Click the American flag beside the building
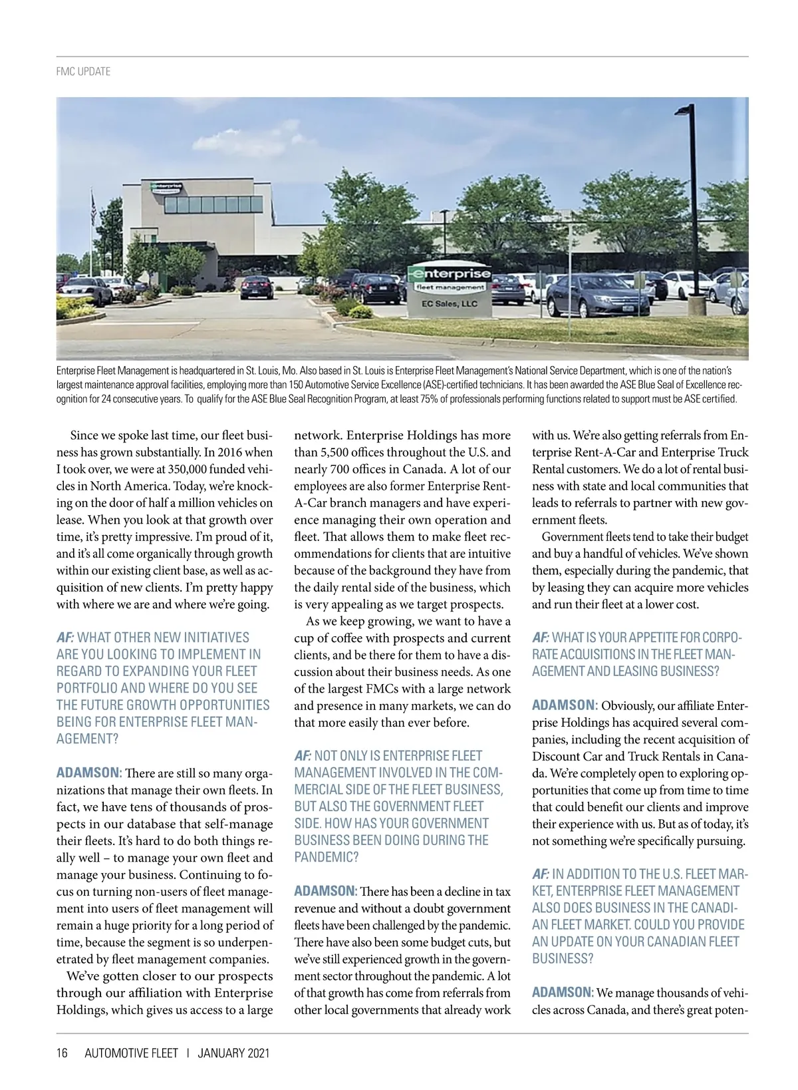click(x=94, y=208)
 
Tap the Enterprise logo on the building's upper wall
click(x=165, y=187)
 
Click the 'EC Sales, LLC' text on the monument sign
click(x=450, y=303)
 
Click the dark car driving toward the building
click(x=257, y=287)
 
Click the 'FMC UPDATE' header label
click(x=83, y=71)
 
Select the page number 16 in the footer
click(x=62, y=1053)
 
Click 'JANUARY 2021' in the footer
click(x=233, y=1053)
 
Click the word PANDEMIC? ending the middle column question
click(x=327, y=857)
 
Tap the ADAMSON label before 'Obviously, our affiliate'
click(x=565, y=705)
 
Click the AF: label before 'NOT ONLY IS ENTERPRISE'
click(x=303, y=755)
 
